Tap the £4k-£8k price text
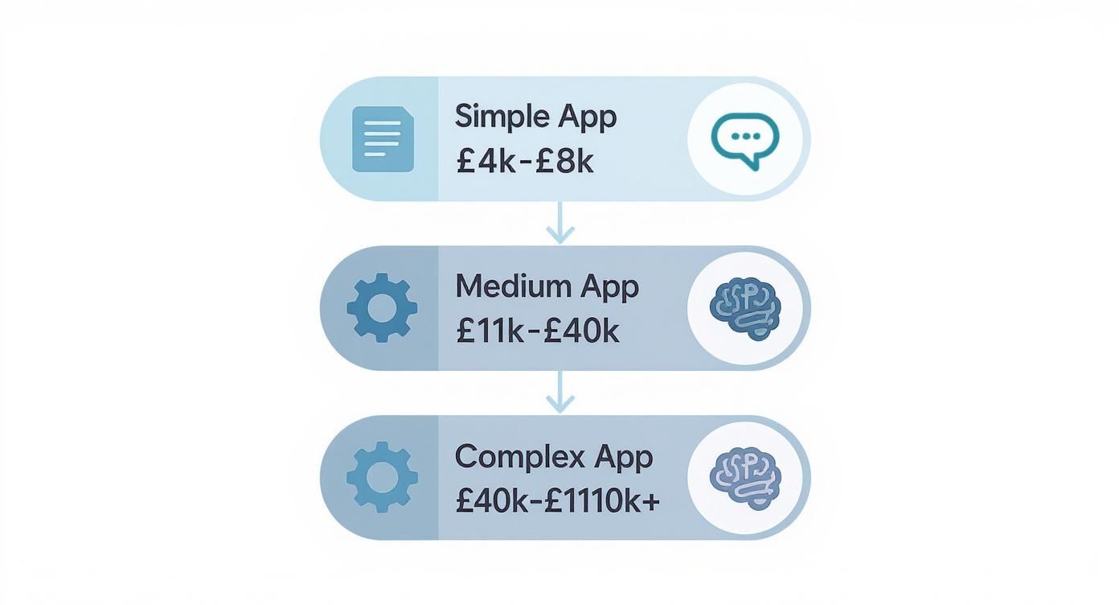(x=524, y=162)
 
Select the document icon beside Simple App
(x=383, y=139)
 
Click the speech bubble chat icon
(x=745, y=138)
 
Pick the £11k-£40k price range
(x=537, y=331)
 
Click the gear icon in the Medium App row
(x=382, y=308)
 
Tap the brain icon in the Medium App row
(x=745, y=308)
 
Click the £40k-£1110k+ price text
(x=557, y=500)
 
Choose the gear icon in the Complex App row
(x=382, y=477)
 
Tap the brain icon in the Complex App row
(x=745, y=477)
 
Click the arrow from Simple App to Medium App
(x=559, y=223)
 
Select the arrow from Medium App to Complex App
(x=559, y=393)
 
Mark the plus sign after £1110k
(x=651, y=501)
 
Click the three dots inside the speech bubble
(x=745, y=136)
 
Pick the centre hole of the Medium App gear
(x=382, y=308)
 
